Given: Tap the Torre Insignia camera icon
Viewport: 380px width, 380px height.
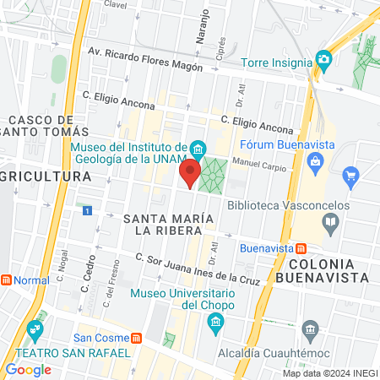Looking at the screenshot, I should [x=323, y=59].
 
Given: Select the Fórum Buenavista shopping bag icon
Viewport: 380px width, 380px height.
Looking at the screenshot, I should [x=316, y=160].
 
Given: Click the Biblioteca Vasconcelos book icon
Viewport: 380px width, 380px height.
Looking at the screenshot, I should [x=331, y=223].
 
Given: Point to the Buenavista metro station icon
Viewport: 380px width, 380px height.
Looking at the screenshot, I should [x=300, y=248].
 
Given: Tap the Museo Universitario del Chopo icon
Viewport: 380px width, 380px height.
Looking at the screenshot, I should [x=215, y=322].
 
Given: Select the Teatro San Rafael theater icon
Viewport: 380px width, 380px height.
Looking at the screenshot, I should [x=35, y=328].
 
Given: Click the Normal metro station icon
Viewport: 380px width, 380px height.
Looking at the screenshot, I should [x=7, y=280].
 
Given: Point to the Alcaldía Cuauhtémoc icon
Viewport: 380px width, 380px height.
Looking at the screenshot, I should [x=310, y=328].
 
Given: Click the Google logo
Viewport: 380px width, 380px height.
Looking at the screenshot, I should [x=28, y=369].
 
